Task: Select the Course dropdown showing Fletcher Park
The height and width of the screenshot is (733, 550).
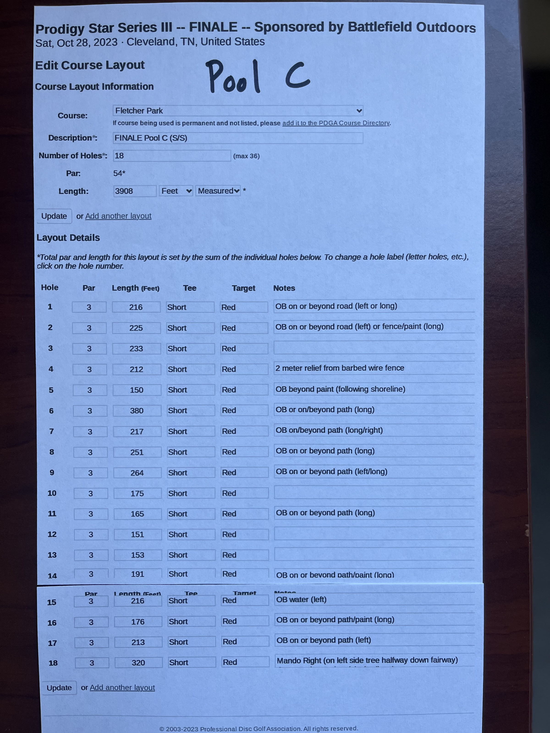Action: click(x=238, y=111)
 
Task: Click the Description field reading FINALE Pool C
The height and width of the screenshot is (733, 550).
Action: click(x=238, y=138)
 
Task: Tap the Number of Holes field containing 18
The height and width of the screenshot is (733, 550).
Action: click(x=172, y=156)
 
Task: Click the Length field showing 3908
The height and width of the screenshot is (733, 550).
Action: click(x=135, y=191)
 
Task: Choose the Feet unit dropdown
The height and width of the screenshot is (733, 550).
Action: click(x=176, y=191)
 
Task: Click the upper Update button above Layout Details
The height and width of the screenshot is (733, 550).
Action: click(x=54, y=216)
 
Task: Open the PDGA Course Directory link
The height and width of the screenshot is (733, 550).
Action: click(x=335, y=123)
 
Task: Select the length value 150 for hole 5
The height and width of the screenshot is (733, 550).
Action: click(x=137, y=390)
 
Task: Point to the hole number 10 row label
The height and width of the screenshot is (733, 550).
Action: click(x=52, y=493)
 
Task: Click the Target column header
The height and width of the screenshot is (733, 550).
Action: click(x=243, y=288)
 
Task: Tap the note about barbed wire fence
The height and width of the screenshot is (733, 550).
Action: click(x=340, y=368)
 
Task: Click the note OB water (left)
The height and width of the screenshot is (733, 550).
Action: click(x=301, y=599)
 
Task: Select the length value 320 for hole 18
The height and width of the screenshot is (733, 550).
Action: click(x=138, y=663)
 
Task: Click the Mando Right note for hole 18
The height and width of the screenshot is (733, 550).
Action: click(x=367, y=660)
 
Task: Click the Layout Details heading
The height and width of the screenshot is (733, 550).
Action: click(x=68, y=238)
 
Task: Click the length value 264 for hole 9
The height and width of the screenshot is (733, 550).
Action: click(x=137, y=473)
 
